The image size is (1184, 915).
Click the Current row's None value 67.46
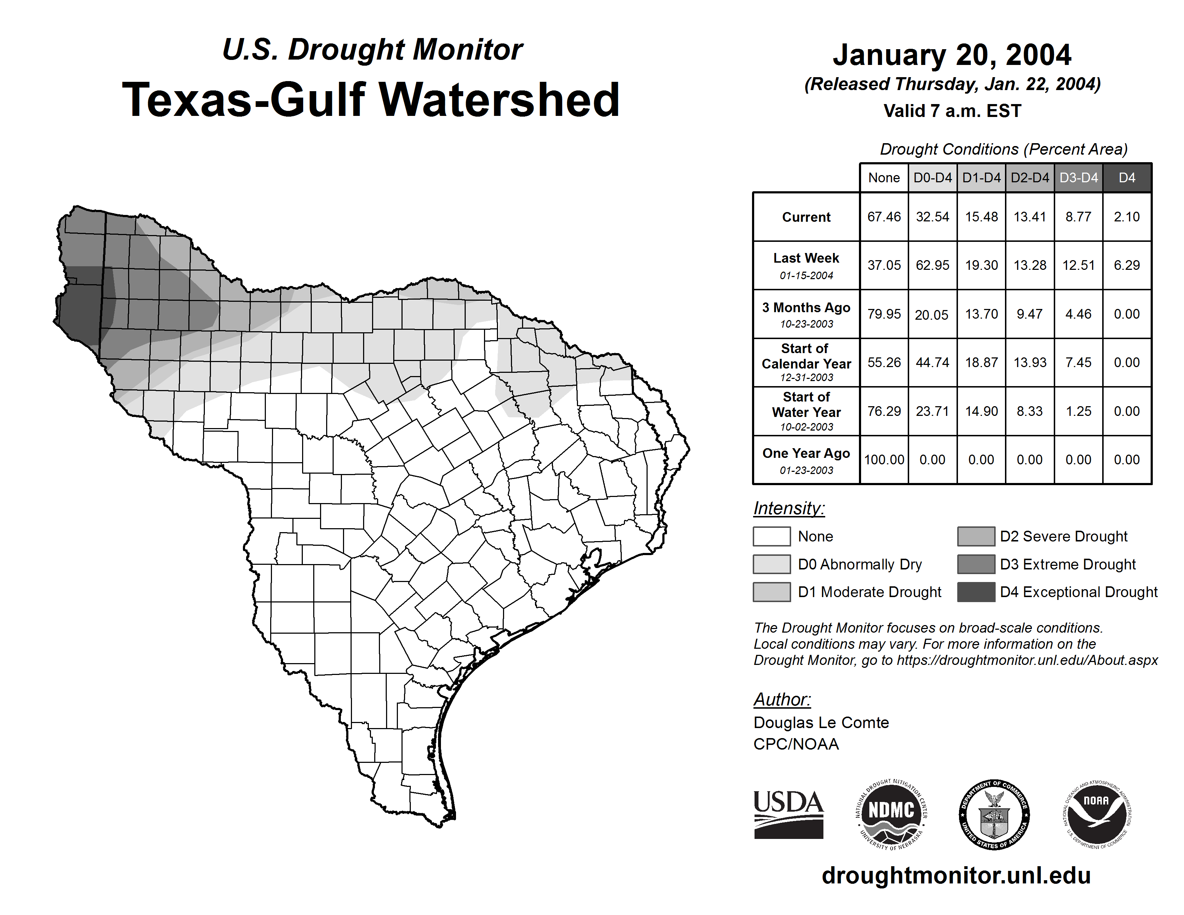884,217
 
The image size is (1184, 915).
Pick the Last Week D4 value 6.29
1127,265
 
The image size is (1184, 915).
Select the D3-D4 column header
1078,178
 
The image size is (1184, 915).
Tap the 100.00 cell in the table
884,460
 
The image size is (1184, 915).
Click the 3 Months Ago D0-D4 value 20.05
932,314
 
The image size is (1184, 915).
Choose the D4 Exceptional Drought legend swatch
976,592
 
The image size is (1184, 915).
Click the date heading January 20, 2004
952,55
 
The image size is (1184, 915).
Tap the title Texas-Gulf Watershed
371,100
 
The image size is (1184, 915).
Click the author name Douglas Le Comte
821,723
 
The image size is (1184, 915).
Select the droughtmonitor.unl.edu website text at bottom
956,876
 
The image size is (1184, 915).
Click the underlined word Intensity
788,508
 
